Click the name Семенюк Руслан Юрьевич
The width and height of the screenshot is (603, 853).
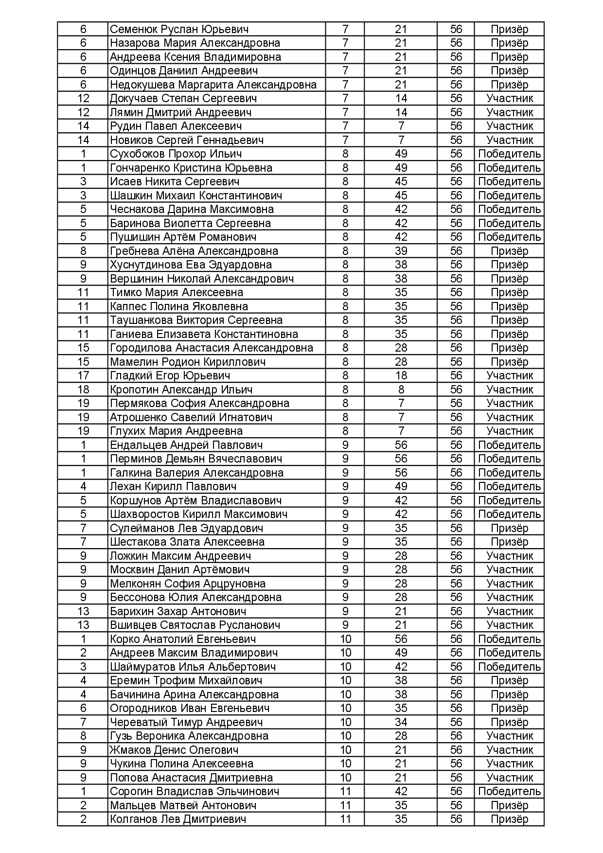(179, 29)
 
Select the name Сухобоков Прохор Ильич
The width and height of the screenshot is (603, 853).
(176, 154)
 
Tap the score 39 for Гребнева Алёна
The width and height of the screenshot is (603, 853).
(401, 251)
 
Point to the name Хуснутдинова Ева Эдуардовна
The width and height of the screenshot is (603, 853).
(191, 265)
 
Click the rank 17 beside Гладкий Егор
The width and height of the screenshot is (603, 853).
(83, 375)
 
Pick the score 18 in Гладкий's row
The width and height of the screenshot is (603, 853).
(401, 375)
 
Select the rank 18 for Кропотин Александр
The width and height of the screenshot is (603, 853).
(83, 390)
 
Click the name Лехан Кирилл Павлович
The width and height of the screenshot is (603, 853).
(173, 486)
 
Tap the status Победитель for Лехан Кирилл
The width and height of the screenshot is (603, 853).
(509, 486)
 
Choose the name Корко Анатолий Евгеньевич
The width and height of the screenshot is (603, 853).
(182, 639)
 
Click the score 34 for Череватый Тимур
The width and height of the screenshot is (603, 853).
(401, 722)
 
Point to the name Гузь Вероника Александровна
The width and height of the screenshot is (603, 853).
(189, 736)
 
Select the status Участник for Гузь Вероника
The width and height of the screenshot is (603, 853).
(509, 736)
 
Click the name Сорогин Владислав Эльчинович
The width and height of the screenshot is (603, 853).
(195, 791)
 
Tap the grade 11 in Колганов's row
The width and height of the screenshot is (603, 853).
(345, 819)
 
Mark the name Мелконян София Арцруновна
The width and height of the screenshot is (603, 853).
(187, 584)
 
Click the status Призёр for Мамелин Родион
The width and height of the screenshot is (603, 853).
(509, 362)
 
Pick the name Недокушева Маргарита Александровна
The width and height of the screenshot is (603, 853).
(213, 85)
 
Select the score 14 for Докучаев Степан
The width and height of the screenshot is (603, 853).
(401, 98)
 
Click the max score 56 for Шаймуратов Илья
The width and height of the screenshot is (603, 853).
(456, 667)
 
